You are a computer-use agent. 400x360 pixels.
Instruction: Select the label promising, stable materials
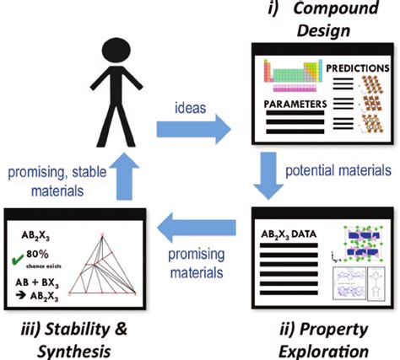click(52, 182)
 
